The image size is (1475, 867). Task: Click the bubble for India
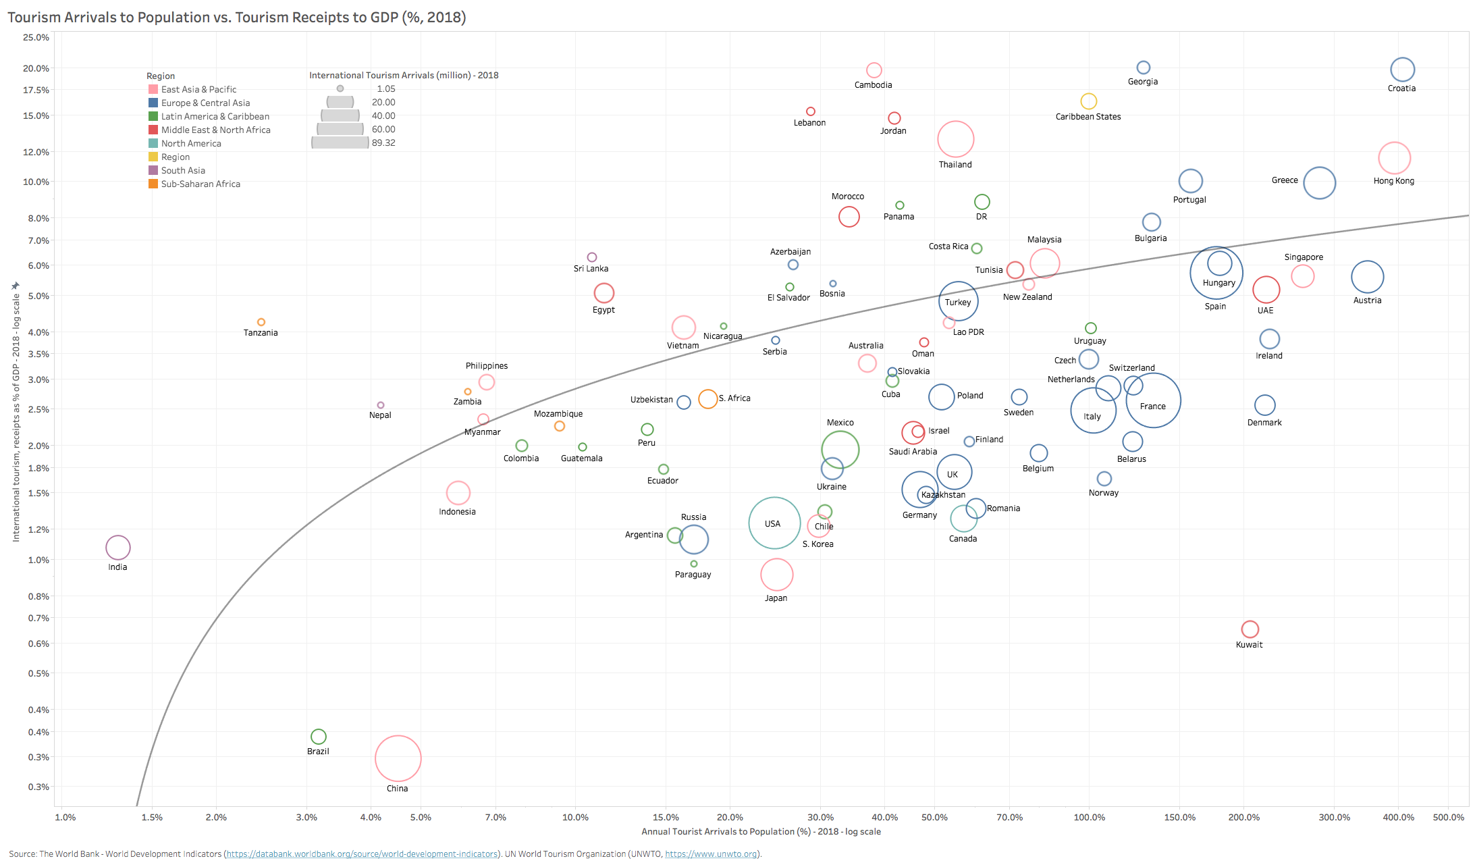coord(117,548)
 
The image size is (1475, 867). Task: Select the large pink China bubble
coord(398,758)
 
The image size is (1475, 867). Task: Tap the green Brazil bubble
coord(318,737)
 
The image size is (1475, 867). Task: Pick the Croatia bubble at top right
coord(1402,70)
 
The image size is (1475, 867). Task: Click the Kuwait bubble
coord(1250,629)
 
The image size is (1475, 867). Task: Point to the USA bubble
coord(774,523)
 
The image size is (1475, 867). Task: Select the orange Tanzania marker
coord(261,322)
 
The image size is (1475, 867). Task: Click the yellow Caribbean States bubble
coord(1088,101)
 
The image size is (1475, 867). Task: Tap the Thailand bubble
coord(955,139)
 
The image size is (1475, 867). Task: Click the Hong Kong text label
coord(1393,181)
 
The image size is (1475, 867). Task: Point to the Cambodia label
coord(873,85)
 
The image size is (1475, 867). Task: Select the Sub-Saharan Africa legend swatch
coord(153,184)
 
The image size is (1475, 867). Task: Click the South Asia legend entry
coord(183,170)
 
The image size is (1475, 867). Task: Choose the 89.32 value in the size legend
coord(383,142)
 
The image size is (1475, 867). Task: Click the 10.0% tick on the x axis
coord(575,817)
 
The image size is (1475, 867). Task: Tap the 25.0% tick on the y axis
coord(36,37)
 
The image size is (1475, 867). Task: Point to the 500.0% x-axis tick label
coord(1448,817)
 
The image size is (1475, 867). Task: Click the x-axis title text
coord(761,831)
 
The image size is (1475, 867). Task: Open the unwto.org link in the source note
coord(710,854)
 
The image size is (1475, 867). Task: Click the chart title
coord(237,18)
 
